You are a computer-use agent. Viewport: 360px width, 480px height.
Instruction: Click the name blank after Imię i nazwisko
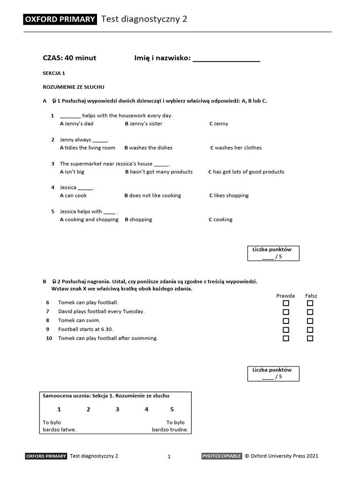[x=226, y=59]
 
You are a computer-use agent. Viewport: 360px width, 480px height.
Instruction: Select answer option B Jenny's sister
[x=143, y=124]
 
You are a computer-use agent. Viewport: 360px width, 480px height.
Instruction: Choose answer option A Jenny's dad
[x=76, y=124]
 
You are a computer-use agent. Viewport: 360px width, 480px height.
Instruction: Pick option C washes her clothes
[x=236, y=148]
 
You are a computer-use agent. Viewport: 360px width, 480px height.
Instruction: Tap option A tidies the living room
[x=88, y=148]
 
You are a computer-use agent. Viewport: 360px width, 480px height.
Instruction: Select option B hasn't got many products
[x=159, y=172]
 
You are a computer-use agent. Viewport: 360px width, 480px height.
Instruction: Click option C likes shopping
[x=229, y=195]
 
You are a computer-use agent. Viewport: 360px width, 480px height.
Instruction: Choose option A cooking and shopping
[x=89, y=219]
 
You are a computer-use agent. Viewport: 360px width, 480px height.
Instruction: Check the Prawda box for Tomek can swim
[x=286, y=321]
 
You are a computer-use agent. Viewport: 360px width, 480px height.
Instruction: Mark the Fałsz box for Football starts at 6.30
[x=310, y=330]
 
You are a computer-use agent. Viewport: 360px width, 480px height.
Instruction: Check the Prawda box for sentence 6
[x=286, y=303]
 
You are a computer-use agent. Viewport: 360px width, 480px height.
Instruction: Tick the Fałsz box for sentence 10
[x=310, y=338]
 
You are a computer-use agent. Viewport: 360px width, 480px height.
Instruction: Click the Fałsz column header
[x=311, y=296]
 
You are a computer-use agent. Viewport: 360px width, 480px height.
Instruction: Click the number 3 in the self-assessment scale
[x=117, y=409]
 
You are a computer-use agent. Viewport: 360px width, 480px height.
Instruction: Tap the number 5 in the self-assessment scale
[x=172, y=409]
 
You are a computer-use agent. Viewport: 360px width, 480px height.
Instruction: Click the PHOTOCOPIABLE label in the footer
[x=222, y=456]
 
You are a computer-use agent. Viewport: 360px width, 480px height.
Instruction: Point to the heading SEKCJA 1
[x=54, y=74]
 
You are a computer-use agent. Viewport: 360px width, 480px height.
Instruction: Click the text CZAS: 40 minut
[x=69, y=58]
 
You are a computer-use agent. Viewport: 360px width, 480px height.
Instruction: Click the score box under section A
[x=273, y=253]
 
